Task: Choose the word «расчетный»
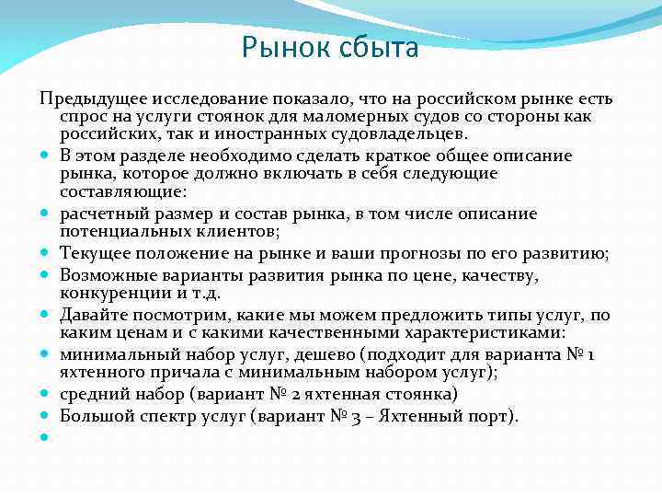97,214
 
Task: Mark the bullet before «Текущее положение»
45,255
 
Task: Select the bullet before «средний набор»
45,396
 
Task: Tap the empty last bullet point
45,436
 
